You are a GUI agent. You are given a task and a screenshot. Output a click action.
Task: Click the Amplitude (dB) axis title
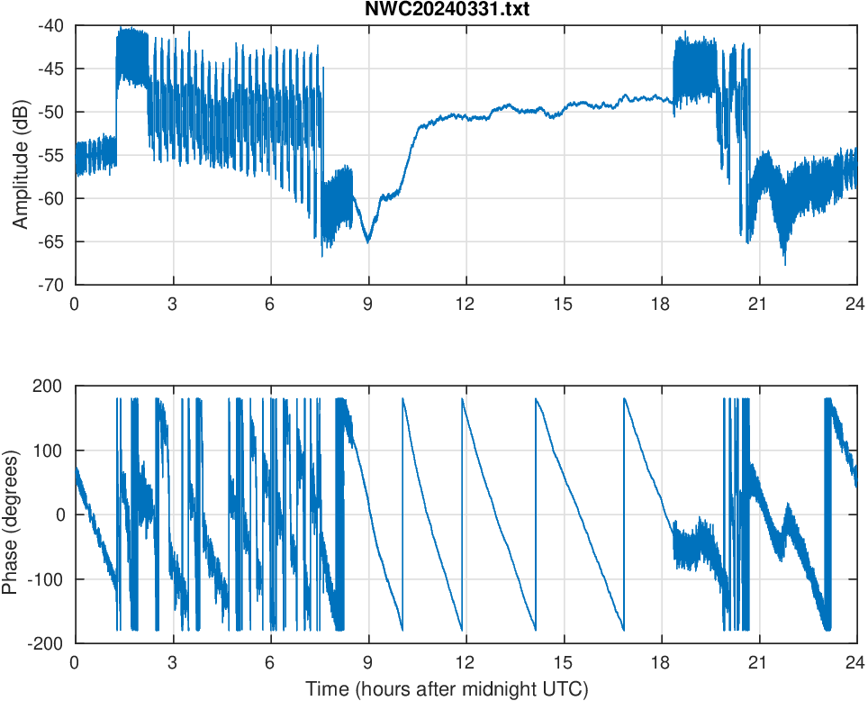(20, 155)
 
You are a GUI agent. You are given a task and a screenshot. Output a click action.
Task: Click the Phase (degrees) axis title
(10, 514)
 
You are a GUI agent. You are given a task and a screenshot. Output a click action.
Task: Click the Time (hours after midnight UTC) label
(447, 690)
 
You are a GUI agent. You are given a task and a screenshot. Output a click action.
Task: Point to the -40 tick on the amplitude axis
(50, 26)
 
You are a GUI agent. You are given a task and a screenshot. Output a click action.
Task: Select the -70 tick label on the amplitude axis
(50, 285)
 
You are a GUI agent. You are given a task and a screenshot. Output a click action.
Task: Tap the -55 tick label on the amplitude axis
(50, 155)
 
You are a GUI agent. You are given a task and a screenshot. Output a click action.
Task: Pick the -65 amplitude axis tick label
(50, 241)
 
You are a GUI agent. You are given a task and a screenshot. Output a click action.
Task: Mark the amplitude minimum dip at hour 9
(367, 241)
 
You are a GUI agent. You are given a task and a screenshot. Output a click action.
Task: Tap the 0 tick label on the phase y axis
(60, 514)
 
